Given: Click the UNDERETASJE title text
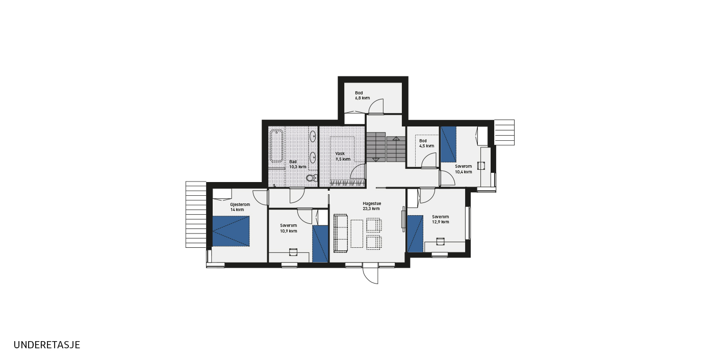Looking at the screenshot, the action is [x=46, y=345].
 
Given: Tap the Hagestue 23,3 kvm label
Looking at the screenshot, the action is [x=372, y=206].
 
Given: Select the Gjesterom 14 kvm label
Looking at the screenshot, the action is [x=240, y=207].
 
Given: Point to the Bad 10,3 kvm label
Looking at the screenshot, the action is [x=298, y=164].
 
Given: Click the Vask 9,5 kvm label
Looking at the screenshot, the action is [x=343, y=157].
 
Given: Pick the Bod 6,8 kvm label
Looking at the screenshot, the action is [x=363, y=95].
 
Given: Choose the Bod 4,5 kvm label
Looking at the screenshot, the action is [x=426, y=143].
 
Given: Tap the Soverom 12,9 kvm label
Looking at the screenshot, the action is [x=441, y=219].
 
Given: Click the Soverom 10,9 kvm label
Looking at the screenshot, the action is [x=289, y=228].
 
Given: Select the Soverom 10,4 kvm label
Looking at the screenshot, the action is [x=464, y=169].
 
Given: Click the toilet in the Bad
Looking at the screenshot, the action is [x=312, y=178].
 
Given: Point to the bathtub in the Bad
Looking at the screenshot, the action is [x=276, y=146].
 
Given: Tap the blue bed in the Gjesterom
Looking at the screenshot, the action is [x=231, y=232].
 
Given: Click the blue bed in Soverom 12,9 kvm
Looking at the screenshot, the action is [x=415, y=234].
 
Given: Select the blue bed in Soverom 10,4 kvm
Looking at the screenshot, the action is [x=448, y=144].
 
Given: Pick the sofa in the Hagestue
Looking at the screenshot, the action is [x=341, y=234].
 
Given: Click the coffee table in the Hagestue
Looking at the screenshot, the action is [x=356, y=234].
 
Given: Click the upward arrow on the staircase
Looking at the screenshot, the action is [x=396, y=138].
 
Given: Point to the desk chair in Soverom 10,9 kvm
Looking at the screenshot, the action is [x=293, y=252].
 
